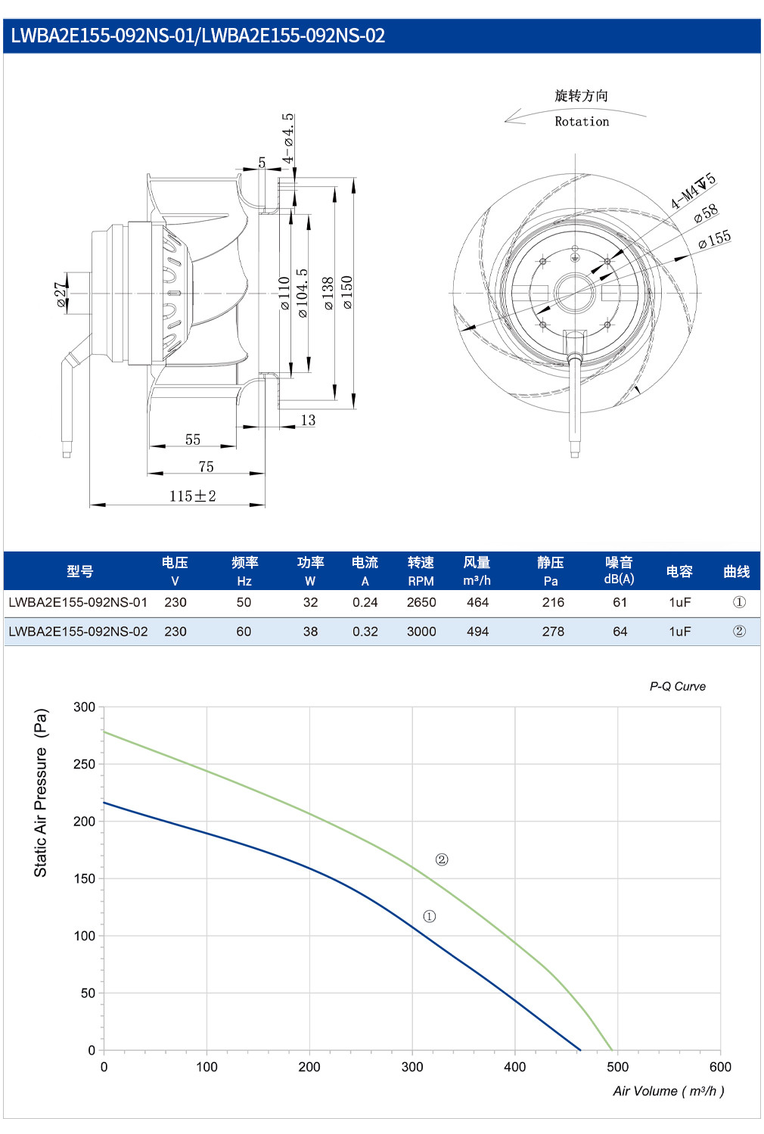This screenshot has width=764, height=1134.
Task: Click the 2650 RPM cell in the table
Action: pyautogui.click(x=421, y=602)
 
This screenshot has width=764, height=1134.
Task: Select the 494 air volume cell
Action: pyautogui.click(x=477, y=631)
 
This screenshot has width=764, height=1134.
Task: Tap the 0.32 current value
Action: pyautogui.click(x=365, y=631)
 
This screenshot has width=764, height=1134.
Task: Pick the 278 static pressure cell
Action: pyautogui.click(x=553, y=631)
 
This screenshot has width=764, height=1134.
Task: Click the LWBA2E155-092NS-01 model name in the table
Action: pyautogui.click(x=78, y=602)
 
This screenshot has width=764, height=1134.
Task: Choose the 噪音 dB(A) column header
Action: pyautogui.click(x=619, y=570)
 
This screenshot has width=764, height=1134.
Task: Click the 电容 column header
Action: pyautogui.click(x=679, y=572)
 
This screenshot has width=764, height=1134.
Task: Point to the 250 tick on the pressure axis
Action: pyautogui.click(x=84, y=764)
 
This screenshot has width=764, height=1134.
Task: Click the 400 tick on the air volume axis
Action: pyautogui.click(x=515, y=1067)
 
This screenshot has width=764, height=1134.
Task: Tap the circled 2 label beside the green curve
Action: pyautogui.click(x=442, y=859)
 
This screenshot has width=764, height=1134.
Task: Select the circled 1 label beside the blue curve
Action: pyautogui.click(x=430, y=916)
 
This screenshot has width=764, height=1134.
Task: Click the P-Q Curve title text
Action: pyautogui.click(x=678, y=686)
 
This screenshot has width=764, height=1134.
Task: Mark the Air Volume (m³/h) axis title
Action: pyautogui.click(x=668, y=1091)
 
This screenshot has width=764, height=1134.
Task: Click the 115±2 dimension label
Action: pyautogui.click(x=192, y=496)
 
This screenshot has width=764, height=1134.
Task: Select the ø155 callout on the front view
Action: pyautogui.click(x=714, y=239)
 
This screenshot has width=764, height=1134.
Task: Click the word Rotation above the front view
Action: pyautogui.click(x=582, y=122)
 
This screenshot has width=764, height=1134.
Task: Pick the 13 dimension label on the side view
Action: pyautogui.click(x=308, y=420)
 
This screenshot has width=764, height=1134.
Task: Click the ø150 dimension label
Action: pyautogui.click(x=346, y=292)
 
